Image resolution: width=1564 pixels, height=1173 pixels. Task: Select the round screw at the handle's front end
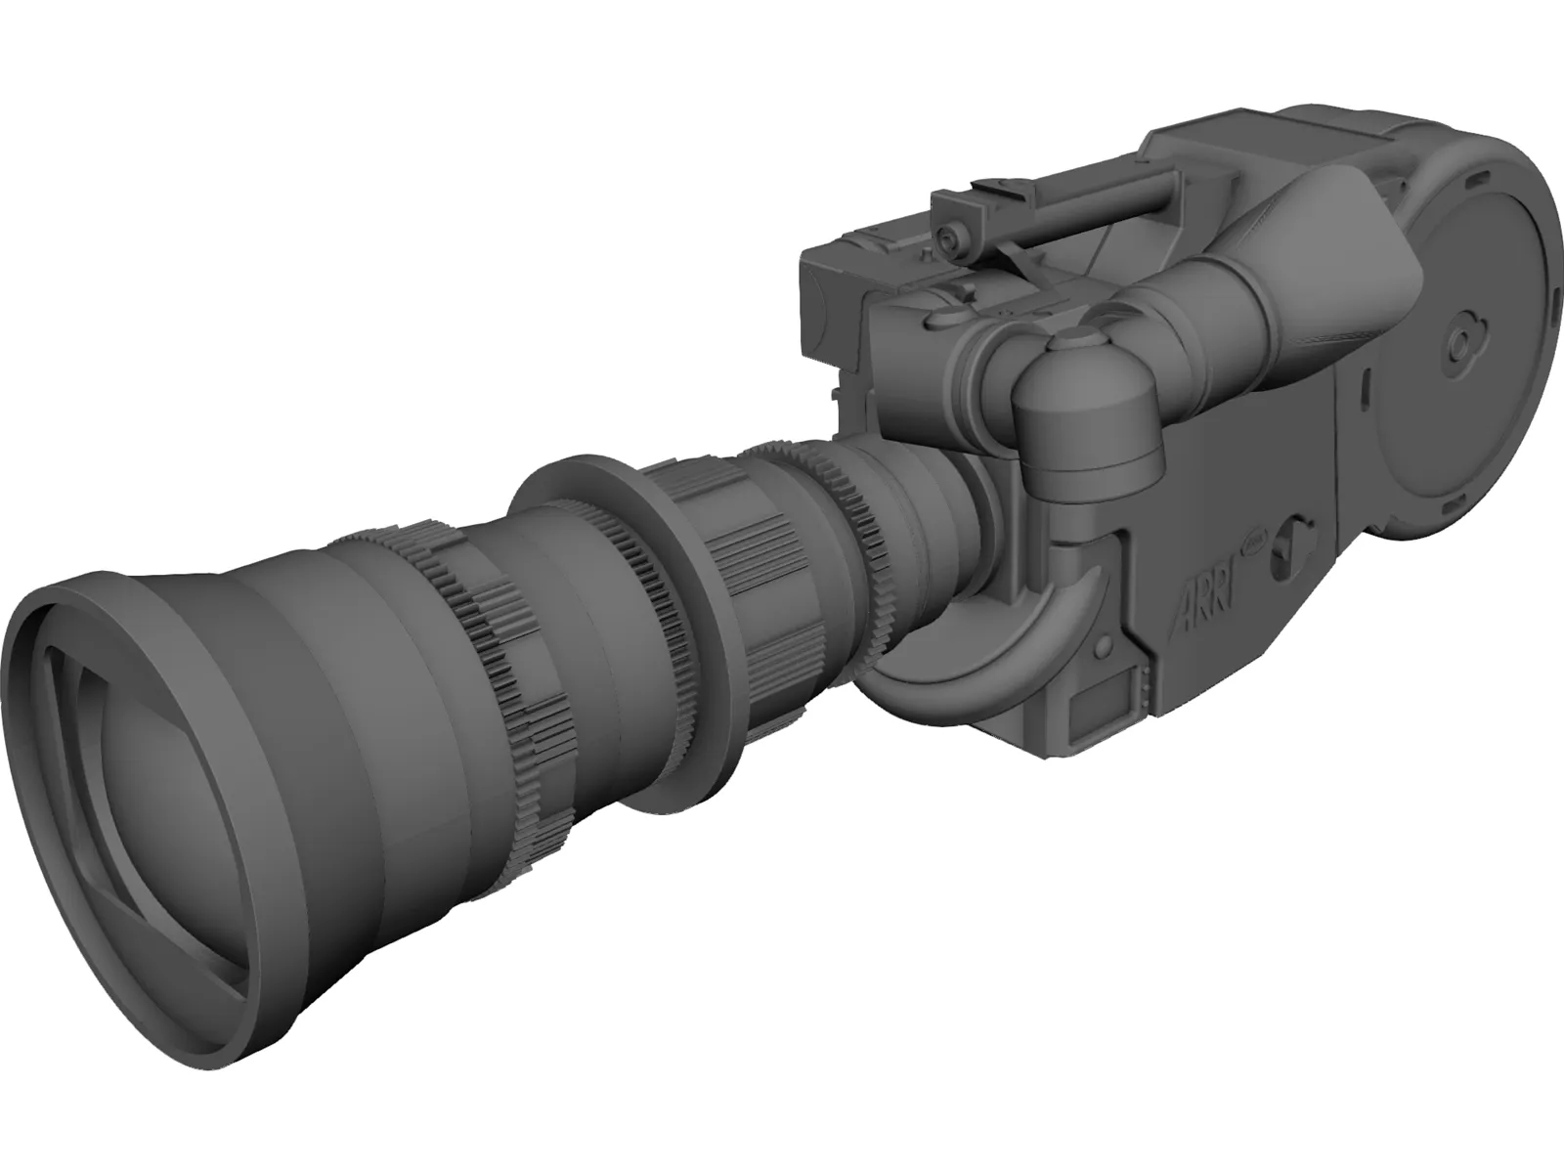pyautogui.click(x=945, y=239)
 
